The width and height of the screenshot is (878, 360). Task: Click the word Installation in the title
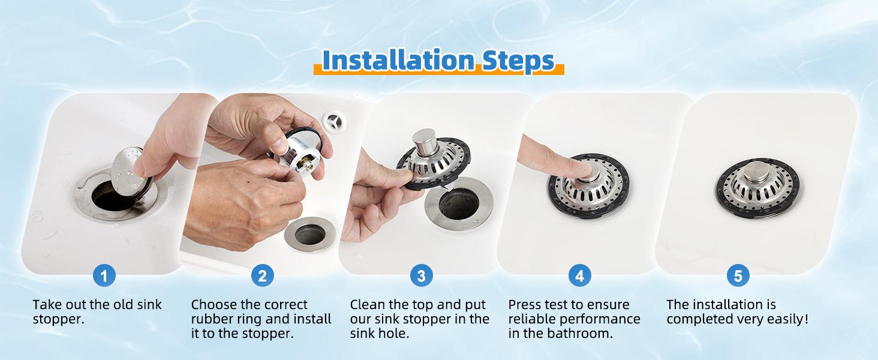pyautogui.click(x=398, y=61)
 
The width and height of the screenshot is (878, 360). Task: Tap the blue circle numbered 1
pyautogui.click(x=104, y=276)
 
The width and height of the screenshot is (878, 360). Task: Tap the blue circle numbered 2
pyautogui.click(x=262, y=276)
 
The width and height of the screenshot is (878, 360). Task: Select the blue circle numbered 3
pyautogui.click(x=421, y=276)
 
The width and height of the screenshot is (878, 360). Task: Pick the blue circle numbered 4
pyautogui.click(x=579, y=276)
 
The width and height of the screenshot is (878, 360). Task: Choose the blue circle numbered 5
pyautogui.click(x=738, y=276)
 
